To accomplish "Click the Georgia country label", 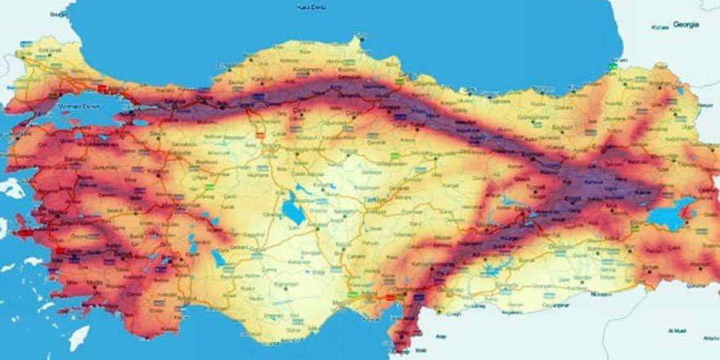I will [686, 25].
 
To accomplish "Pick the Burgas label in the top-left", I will [57, 15].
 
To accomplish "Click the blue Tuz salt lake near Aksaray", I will [290, 211].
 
